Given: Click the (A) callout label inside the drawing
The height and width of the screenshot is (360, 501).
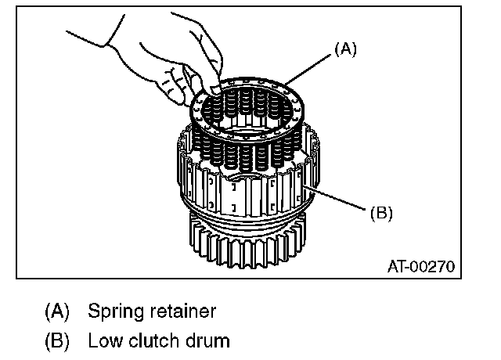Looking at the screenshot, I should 345,49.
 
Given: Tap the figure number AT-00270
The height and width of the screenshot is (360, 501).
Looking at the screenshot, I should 421,266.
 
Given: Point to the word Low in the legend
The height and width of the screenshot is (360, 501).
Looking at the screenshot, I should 102,341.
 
